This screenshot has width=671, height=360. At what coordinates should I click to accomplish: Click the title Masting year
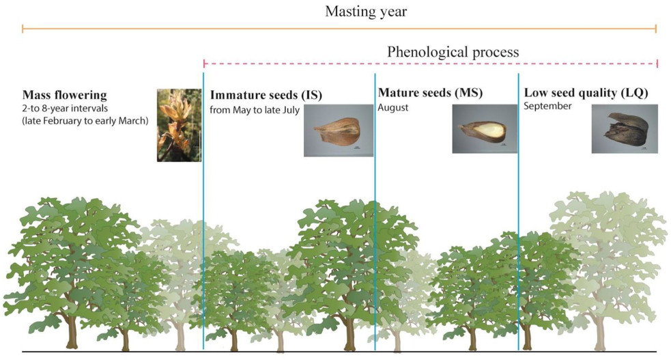pyautogui.click(x=366, y=12)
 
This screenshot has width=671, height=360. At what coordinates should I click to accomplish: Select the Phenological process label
pyautogui.click(x=453, y=52)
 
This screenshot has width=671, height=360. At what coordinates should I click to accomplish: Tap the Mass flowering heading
pyautogui.click(x=65, y=95)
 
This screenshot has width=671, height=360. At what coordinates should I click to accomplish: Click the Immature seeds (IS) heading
pyautogui.click(x=266, y=95)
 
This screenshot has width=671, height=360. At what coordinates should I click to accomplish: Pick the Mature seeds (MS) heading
pyautogui.click(x=430, y=93)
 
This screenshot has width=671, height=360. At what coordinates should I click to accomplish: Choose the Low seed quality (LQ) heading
pyautogui.click(x=586, y=93)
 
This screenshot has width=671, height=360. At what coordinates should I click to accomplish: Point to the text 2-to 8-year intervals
pyautogui.click(x=65, y=109)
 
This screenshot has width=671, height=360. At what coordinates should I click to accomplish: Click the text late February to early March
pyautogui.click(x=85, y=121)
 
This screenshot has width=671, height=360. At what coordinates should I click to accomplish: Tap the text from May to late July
pyautogui.click(x=255, y=111)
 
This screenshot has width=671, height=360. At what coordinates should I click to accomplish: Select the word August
pyautogui.click(x=393, y=107)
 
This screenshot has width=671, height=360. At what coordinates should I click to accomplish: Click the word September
pyautogui.click(x=547, y=106)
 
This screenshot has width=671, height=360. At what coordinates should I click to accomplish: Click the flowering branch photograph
pyautogui.click(x=179, y=125)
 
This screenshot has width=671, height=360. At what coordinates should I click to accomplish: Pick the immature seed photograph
pyautogui.click(x=339, y=130)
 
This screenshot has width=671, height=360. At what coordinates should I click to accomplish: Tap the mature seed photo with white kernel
pyautogui.click(x=485, y=129)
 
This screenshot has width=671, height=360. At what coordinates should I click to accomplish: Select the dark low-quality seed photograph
pyautogui.click(x=625, y=129)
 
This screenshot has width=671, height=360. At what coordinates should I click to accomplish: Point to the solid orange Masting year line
pyautogui.click(x=339, y=29)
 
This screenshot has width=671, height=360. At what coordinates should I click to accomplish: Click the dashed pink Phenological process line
pyautogui.click(x=431, y=64)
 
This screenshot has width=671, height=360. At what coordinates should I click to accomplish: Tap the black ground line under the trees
pyautogui.click(x=339, y=352)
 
